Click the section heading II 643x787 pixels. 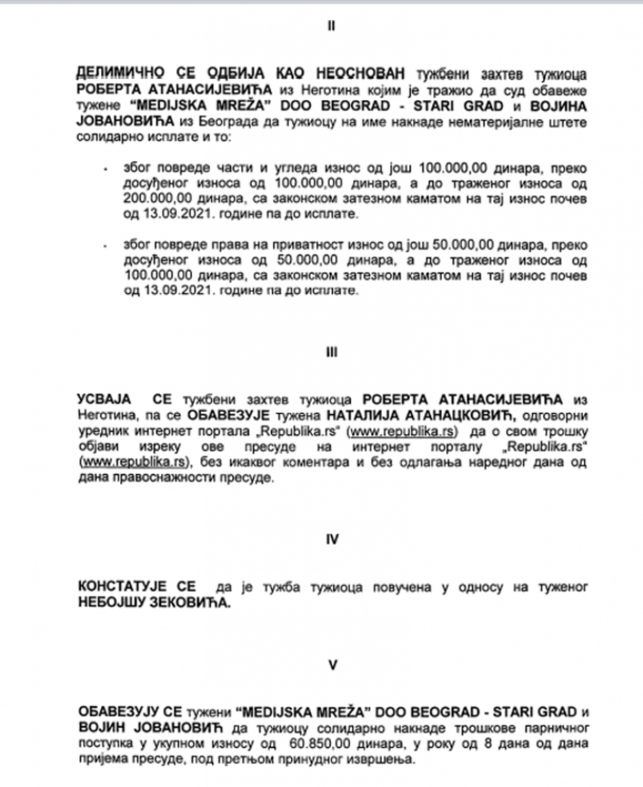click(331, 26)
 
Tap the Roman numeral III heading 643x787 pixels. click(331, 352)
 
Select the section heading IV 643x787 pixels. click(331, 541)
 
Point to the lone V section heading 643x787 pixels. click(331, 665)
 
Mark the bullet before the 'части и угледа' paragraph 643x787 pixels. click(105, 169)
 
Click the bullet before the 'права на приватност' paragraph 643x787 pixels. click(105, 246)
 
